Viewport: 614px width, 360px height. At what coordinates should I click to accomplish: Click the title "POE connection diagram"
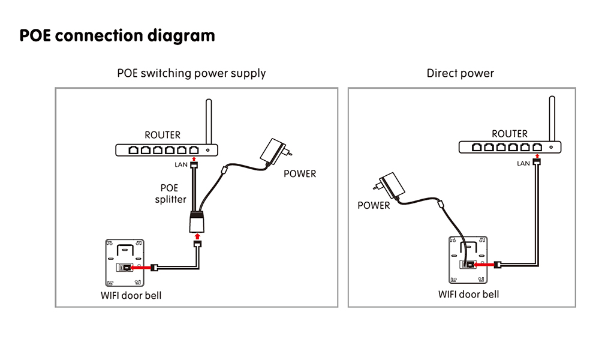click(x=117, y=35)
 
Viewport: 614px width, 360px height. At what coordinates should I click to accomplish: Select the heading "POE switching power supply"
click(x=191, y=73)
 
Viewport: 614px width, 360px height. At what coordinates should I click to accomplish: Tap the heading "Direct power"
click(x=460, y=73)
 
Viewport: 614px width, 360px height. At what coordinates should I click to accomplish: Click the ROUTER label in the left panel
click(x=162, y=135)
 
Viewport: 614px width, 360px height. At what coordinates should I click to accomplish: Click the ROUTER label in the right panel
click(x=510, y=134)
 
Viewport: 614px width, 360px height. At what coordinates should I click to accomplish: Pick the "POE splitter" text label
click(x=170, y=193)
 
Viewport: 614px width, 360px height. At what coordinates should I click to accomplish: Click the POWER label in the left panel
click(x=299, y=174)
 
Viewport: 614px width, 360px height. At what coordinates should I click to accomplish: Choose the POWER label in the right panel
click(x=374, y=205)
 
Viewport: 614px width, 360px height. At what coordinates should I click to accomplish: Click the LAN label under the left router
click(x=181, y=164)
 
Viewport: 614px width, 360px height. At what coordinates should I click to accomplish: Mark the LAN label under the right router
click(x=523, y=163)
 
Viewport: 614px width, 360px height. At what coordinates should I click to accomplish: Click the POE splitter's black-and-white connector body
click(x=197, y=221)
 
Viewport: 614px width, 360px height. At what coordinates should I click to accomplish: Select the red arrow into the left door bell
click(x=137, y=268)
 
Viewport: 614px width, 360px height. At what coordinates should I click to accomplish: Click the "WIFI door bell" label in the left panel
click(x=131, y=295)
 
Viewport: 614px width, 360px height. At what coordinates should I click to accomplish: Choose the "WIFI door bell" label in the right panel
click(x=468, y=294)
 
